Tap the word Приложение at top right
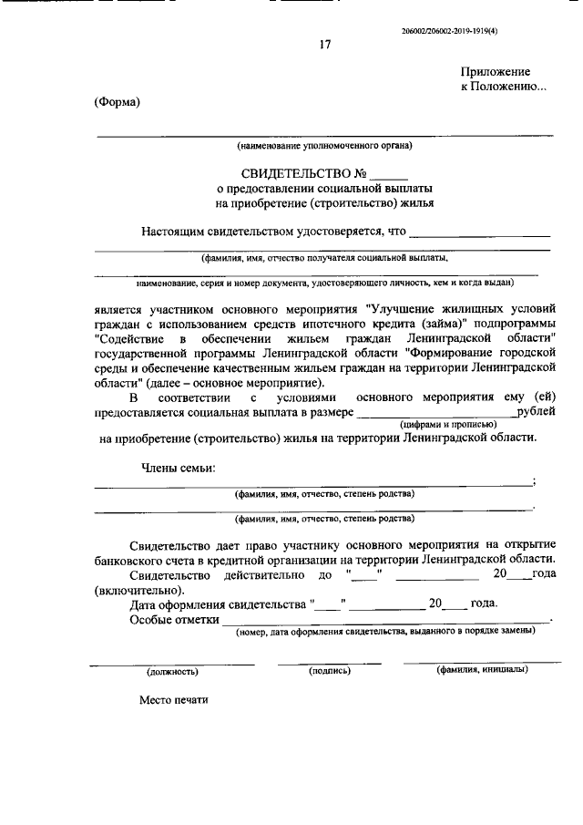[496, 71]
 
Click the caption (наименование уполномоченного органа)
[324, 145]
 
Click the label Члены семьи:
[179, 469]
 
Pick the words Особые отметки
[175, 620]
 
